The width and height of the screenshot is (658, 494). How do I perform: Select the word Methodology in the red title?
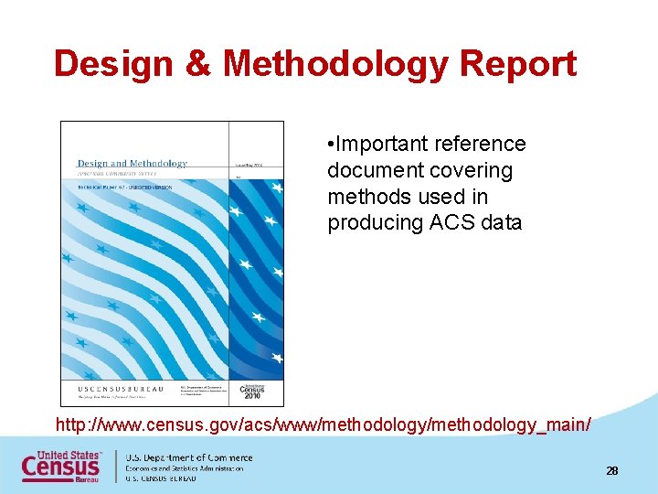pos(335,64)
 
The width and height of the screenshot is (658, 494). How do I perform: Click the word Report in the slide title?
pos(518,64)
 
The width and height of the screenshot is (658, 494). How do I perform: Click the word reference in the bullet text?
pos(482,145)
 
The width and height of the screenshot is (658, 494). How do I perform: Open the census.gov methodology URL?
pos(324,425)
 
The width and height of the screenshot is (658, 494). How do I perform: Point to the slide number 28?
pos(611,470)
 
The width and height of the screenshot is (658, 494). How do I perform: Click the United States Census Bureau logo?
pos(62,467)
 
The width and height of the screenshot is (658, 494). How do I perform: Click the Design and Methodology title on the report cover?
pos(133,164)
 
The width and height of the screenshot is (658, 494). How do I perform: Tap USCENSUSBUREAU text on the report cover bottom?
pos(120,389)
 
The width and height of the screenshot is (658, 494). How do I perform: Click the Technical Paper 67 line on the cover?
pos(132,185)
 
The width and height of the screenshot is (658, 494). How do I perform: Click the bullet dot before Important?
pos(331,145)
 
